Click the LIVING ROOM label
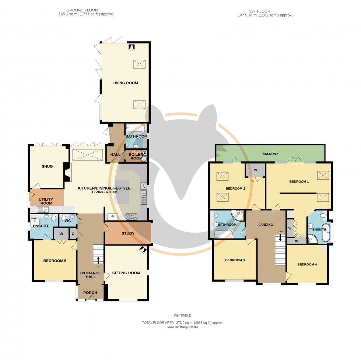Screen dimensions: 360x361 [125, 83]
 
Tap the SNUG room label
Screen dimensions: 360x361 [47, 166]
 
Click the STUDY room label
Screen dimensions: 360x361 [128, 233]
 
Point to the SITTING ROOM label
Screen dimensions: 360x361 [126, 273]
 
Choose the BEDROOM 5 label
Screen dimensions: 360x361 [55, 261]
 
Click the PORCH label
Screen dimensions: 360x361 [90, 293]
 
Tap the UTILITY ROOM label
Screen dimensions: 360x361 [46, 201]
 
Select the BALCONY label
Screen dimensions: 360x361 [270, 153]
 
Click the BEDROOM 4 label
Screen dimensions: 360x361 [306, 264]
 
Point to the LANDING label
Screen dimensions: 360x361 [265, 225]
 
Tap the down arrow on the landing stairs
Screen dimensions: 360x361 [280, 237]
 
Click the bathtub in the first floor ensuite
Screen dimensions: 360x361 [326, 232]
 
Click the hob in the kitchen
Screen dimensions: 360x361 [131, 216]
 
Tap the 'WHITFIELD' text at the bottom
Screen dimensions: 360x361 [183, 315]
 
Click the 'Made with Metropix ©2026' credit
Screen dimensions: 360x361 [183, 327]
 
